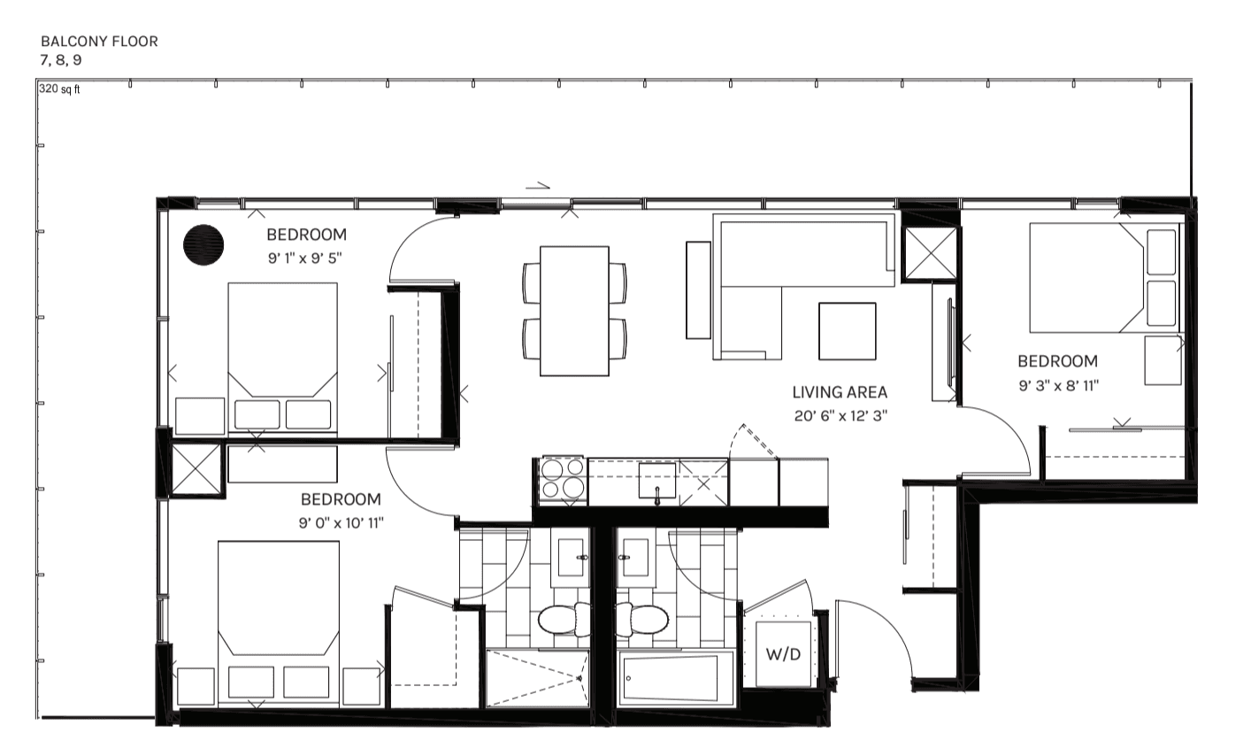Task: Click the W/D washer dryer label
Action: [782, 656]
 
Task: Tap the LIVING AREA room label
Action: [839, 392]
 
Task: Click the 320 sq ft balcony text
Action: [59, 90]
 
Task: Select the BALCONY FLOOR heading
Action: [99, 42]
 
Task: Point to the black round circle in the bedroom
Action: [203, 244]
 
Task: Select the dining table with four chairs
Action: [574, 311]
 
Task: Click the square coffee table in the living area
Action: [847, 330]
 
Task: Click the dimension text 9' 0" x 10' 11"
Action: [341, 523]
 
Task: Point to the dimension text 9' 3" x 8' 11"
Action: [1058, 385]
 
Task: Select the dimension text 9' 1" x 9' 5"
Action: [303, 258]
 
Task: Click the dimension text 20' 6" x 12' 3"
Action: [840, 414]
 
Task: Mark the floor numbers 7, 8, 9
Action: [61, 59]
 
